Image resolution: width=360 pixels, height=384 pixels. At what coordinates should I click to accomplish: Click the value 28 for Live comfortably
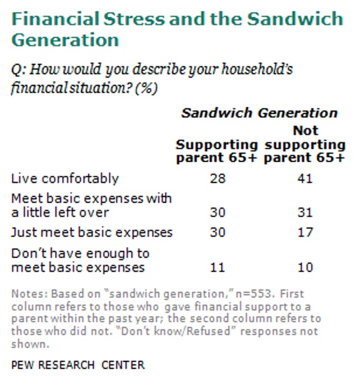[x=218, y=179]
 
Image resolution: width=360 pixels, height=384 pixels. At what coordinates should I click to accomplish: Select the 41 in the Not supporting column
[x=305, y=179]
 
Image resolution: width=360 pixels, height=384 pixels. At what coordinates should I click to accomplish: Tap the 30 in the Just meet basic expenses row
[x=218, y=232]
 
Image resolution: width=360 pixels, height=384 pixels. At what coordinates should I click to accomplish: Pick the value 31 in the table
[x=305, y=212]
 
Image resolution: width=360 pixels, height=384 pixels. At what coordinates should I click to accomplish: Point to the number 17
[x=305, y=232]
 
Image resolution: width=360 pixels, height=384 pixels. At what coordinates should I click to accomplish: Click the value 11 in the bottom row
[x=218, y=267]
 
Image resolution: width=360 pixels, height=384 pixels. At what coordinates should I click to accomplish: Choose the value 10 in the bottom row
[x=305, y=267]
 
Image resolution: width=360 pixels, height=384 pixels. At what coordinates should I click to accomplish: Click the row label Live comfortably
[x=65, y=179]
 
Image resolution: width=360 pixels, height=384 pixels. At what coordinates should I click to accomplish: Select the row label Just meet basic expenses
[x=92, y=232]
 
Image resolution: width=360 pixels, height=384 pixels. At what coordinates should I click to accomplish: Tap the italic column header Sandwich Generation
[x=260, y=113]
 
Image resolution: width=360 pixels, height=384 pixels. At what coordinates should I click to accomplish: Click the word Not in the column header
[x=306, y=130]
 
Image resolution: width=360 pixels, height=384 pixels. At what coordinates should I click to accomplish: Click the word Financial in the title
[x=56, y=19]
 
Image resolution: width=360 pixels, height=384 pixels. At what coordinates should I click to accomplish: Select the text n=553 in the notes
[x=253, y=294]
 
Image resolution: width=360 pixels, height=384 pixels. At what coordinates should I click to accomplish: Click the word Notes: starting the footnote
[x=29, y=294]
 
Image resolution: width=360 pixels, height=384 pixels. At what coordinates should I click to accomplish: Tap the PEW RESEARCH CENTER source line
[x=78, y=365]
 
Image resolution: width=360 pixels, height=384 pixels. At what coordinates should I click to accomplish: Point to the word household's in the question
[x=257, y=69]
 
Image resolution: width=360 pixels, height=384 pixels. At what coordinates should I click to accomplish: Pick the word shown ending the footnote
[x=30, y=344]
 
